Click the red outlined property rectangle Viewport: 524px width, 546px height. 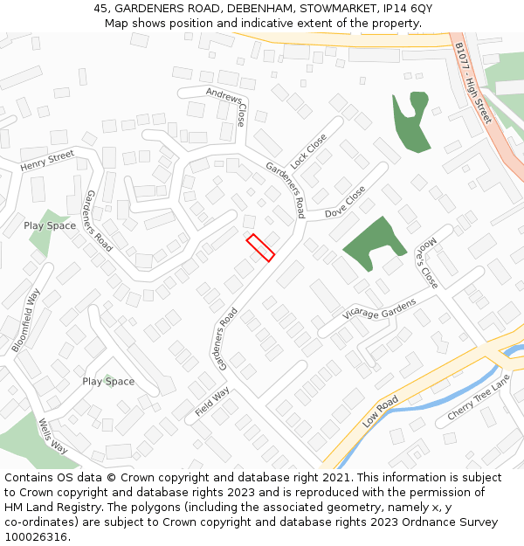[260, 247]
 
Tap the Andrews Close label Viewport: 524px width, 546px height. [227, 106]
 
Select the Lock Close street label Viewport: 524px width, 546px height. [308, 151]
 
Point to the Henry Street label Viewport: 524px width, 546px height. [47, 162]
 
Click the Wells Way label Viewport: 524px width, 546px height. [52, 435]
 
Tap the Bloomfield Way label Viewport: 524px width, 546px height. [26, 321]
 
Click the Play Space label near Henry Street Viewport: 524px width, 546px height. [50, 225]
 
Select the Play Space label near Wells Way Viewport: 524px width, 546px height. [108, 382]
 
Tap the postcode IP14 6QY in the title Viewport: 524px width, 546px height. [408, 8]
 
